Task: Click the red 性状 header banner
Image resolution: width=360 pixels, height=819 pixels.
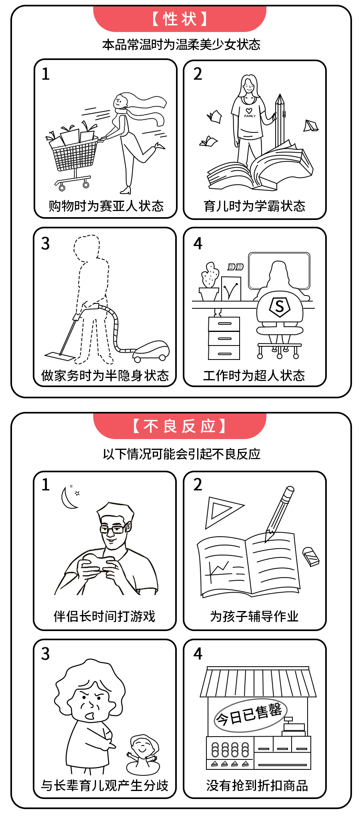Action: click(180, 19)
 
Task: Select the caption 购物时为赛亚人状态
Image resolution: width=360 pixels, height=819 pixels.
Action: click(106, 206)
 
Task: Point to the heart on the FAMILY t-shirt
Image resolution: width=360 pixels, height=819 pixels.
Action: click(249, 111)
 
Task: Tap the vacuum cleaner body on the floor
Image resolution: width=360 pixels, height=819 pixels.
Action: click(151, 351)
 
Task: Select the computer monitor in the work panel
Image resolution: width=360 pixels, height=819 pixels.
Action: click(279, 271)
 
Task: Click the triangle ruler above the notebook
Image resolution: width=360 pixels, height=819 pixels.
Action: click(222, 512)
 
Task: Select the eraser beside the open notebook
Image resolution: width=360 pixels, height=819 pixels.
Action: click(311, 557)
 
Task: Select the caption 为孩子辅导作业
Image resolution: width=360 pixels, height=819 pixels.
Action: click(254, 616)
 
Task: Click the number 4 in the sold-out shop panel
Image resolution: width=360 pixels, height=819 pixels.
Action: click(198, 653)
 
